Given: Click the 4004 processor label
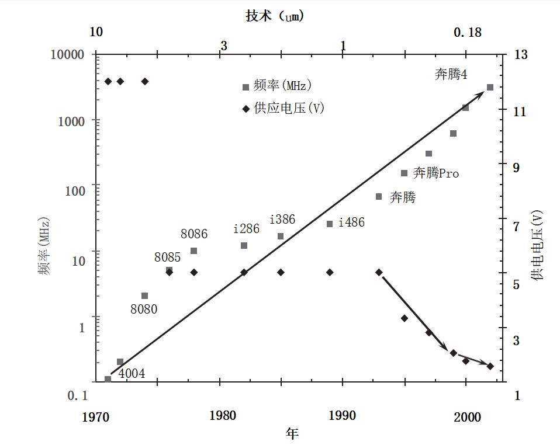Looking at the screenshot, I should click(132, 374).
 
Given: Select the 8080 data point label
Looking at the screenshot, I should click(143, 310).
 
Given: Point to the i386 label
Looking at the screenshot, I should click(282, 220).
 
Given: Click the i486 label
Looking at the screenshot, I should click(351, 222).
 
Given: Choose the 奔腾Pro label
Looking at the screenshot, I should click(436, 173).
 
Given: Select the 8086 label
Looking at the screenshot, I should click(194, 234).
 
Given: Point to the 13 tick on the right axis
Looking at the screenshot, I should click(520, 54).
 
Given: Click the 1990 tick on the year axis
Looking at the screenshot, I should click(343, 416).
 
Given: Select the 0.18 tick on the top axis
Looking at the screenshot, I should click(468, 33).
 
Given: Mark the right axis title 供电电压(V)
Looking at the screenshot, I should click(537, 246).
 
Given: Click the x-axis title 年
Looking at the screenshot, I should click(293, 433).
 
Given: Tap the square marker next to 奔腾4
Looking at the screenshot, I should click(490, 88).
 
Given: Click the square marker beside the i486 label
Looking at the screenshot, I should click(330, 224).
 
